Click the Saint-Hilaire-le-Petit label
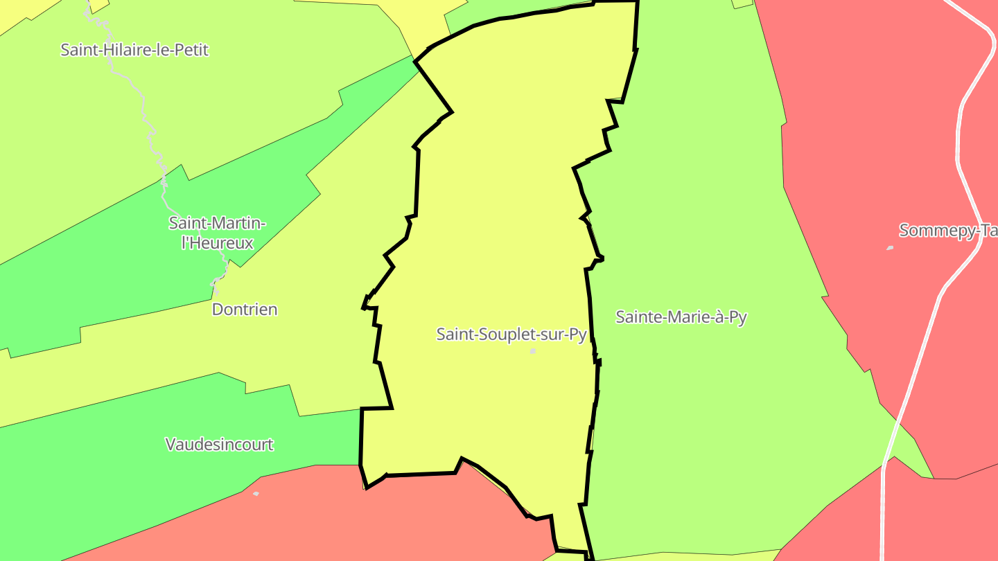[134, 50]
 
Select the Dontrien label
[245, 310]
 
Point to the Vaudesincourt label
[219, 444]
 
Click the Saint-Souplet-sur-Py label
[511, 334]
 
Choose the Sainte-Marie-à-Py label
[681, 317]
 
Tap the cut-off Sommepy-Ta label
[947, 231]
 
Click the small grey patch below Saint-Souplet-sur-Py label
[533, 351]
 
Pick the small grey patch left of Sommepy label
[890, 247]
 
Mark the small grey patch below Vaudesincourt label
[256, 494]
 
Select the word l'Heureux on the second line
[218, 243]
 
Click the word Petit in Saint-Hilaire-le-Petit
[191, 50]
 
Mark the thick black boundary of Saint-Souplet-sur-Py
[418, 180]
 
